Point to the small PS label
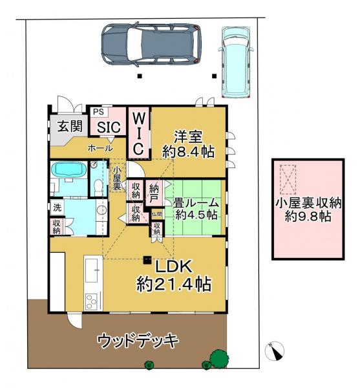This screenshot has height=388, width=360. click(x=98, y=112)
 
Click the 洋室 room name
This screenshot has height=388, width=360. click(x=188, y=136)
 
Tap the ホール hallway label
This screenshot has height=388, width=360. click(x=100, y=147)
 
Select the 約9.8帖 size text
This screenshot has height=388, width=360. click(x=307, y=217)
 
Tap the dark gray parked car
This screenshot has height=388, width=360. click(x=151, y=46)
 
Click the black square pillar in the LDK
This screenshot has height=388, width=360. click(x=148, y=261)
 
